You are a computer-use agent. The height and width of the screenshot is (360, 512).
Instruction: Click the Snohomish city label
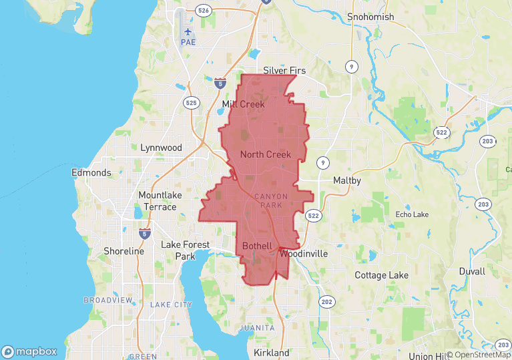371,17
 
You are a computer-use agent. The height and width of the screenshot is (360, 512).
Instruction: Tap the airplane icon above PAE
188,31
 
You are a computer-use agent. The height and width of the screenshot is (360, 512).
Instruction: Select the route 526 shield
204,11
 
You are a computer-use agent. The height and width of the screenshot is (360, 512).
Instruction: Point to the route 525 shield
192,103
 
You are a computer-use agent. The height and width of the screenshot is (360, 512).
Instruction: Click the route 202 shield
326,302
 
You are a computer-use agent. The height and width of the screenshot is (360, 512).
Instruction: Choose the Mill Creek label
243,104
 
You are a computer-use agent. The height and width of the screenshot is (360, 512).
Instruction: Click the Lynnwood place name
161,148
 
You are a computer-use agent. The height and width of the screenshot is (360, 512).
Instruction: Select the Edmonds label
91,173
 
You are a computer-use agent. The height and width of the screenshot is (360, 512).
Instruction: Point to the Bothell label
257,246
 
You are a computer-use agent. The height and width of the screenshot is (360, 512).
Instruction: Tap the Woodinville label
304,254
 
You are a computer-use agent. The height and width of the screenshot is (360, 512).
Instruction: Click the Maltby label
347,181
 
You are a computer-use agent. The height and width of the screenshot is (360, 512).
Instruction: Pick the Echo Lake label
412,214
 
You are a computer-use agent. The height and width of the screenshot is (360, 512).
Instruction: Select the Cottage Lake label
380,275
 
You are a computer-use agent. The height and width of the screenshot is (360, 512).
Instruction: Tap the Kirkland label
272,352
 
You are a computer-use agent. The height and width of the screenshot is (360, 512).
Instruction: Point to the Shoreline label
123,251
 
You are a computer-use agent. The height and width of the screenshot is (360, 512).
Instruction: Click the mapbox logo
29,351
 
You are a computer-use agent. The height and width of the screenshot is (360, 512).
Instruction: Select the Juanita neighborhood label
256,329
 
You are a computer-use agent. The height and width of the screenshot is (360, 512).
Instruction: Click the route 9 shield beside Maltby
322,162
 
